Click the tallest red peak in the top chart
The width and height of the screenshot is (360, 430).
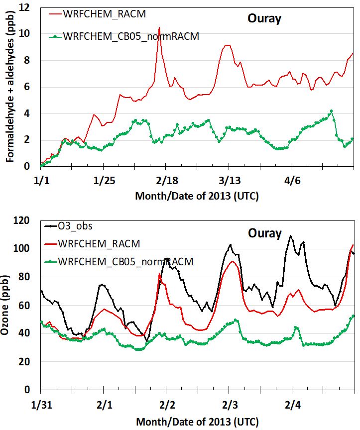159,28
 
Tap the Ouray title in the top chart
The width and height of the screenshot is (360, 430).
264,19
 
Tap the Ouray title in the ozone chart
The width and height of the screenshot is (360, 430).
264,233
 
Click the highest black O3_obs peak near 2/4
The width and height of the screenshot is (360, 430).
291,236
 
